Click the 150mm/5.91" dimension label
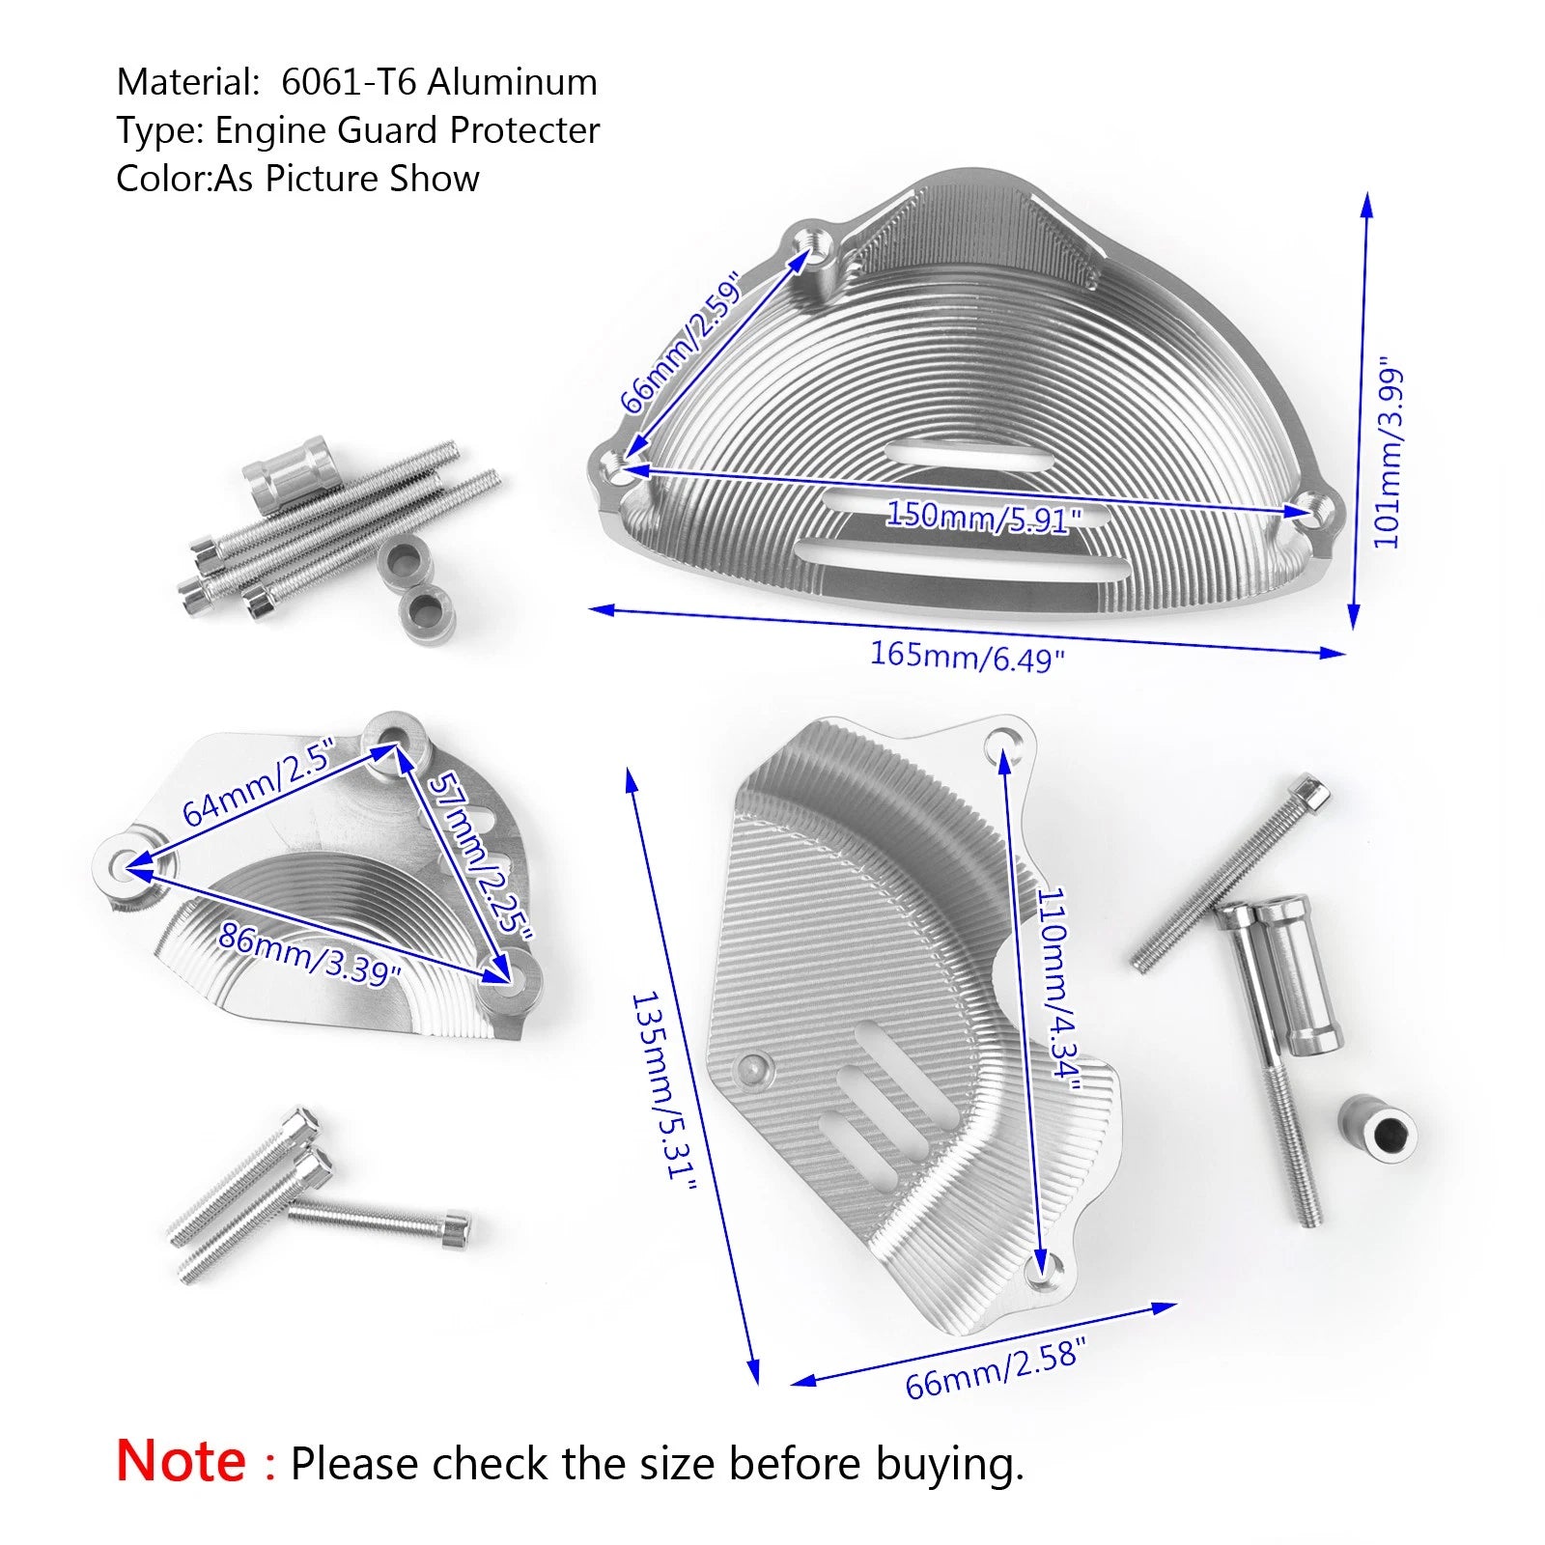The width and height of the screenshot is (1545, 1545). click(983, 517)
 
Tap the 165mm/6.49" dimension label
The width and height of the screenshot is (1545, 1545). click(967, 657)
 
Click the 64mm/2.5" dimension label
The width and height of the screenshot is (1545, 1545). click(258, 782)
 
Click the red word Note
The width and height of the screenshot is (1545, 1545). click(182, 1461)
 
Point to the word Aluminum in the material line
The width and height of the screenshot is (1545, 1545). click(512, 82)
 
